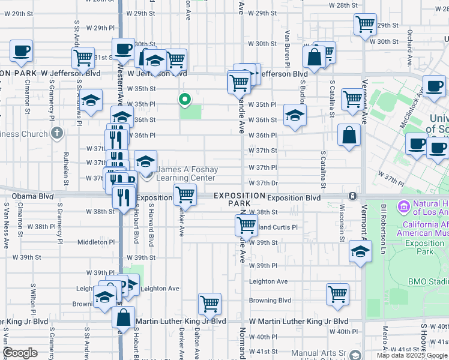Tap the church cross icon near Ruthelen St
click(x=57, y=133)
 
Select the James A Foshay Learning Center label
click(x=185, y=174)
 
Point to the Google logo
click(x=20, y=353)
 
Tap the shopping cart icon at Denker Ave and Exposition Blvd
click(x=185, y=194)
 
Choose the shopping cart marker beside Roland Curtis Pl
click(x=246, y=225)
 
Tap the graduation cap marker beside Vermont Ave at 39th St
click(x=360, y=253)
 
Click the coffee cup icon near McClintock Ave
click(x=434, y=86)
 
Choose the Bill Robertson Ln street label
click(x=383, y=223)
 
